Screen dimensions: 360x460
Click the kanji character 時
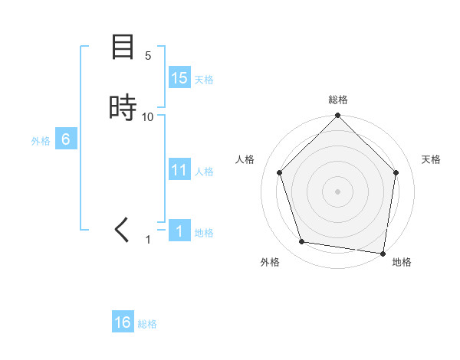[x=123, y=107]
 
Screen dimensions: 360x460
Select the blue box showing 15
[x=179, y=78]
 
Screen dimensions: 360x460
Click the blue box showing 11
[x=179, y=170]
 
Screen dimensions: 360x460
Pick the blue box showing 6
[x=66, y=139]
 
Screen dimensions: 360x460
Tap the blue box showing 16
[x=123, y=322]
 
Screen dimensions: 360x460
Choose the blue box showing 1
[x=179, y=231]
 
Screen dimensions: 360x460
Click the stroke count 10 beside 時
[x=148, y=116]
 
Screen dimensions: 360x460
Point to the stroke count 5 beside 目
[x=148, y=56]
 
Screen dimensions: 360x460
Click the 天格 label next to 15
[x=204, y=80]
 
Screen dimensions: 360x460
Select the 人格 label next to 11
[x=205, y=172]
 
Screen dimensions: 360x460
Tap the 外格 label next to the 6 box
[x=41, y=141]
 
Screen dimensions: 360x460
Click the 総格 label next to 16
[x=147, y=324]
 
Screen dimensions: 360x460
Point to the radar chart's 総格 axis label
[x=338, y=100]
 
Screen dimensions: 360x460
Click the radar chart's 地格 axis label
[x=402, y=262]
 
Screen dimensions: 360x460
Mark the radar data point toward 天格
[x=396, y=172]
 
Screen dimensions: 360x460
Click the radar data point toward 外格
[x=302, y=242]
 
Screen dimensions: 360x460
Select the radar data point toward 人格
[x=279, y=172]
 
